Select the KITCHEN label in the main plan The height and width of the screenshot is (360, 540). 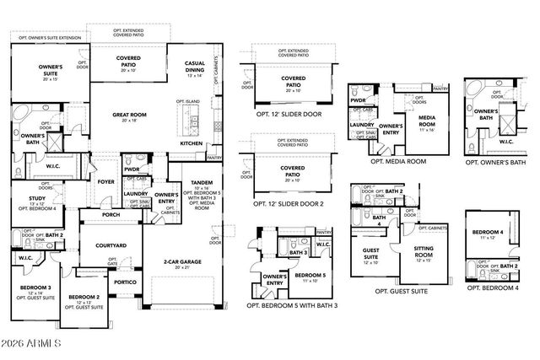pos(192,143)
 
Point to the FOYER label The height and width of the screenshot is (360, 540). pos(106,181)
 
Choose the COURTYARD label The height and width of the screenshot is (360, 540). pos(111,245)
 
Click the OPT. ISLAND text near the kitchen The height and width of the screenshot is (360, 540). pos(188,102)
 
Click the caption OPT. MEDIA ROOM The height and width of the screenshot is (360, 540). pos(386,160)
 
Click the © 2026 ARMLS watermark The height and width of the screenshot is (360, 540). pos(32,344)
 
